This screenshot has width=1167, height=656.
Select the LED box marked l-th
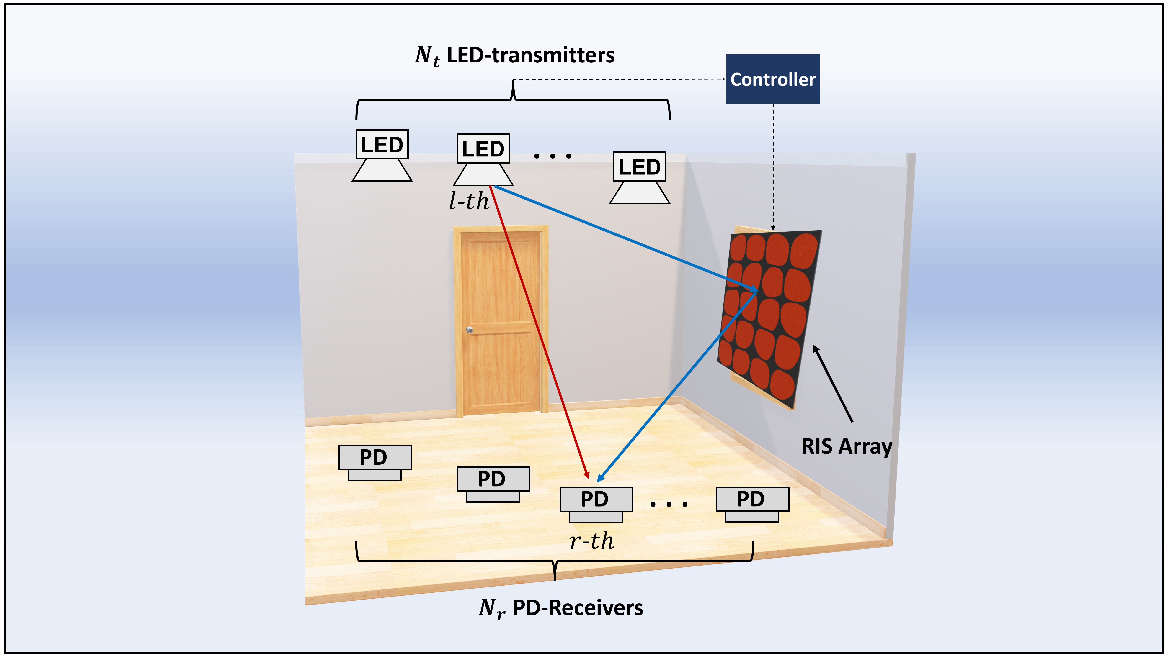tap(483, 149)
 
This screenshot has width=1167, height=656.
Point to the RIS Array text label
tap(846, 446)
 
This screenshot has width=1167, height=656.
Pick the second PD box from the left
tap(493, 479)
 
